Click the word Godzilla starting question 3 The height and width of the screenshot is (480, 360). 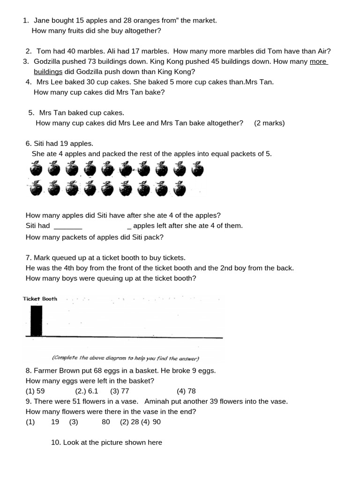pos(48,61)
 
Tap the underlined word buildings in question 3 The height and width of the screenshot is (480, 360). pos(48,72)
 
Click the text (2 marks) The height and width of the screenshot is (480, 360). pos(270,123)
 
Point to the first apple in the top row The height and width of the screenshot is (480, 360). pos(36,169)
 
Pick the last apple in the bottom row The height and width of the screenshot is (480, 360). pos(179,189)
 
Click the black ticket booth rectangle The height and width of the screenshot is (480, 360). pos(36,321)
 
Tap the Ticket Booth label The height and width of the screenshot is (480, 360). pos(40,299)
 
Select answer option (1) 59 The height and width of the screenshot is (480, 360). pos(35,391)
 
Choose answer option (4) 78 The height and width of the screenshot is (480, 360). pos(186,391)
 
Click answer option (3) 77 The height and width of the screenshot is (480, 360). pos(120,391)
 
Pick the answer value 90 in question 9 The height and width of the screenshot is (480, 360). pos(157,422)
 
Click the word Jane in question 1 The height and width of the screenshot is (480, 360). pos(42,21)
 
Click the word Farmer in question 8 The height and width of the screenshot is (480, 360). pos(45,371)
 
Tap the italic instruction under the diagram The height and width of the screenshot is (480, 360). pos(126,359)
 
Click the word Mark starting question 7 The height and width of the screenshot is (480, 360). pos(43,258)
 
